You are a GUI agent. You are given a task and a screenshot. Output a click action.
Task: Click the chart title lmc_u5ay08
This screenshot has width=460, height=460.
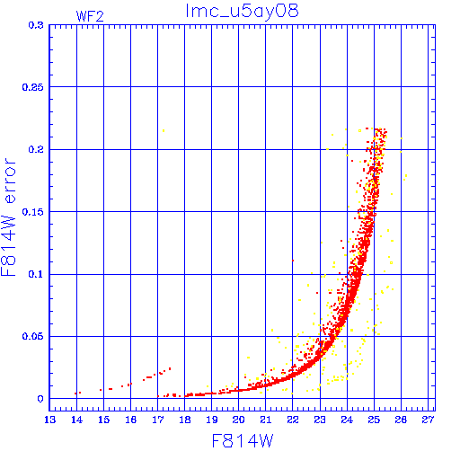pos(242,11)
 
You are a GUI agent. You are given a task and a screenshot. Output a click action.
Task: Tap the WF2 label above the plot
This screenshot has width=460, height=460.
pos(90,16)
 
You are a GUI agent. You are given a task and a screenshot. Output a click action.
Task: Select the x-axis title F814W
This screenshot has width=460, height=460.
pos(243,441)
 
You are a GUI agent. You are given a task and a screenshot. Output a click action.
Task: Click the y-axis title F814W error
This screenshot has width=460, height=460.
pos(8,217)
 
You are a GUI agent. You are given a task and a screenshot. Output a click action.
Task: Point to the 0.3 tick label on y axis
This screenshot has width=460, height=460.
pos(36,25)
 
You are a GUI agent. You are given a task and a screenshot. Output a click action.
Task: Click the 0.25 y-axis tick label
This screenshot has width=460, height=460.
pos(33,87)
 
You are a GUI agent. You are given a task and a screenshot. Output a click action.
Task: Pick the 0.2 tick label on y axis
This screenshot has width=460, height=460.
pos(36,149)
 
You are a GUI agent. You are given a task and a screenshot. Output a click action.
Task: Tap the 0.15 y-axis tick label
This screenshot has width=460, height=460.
pos(33,212)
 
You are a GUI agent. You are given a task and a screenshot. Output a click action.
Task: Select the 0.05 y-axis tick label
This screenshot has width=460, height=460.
pos(33,336)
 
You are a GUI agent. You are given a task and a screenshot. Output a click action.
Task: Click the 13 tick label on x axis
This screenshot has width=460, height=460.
pos(49,420)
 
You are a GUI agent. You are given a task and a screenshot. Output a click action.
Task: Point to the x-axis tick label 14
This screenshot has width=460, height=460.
pos(76,420)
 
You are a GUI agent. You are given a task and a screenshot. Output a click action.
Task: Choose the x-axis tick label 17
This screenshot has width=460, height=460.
pos(158,420)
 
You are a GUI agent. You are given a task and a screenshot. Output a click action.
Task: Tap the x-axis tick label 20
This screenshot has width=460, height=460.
pos(239,420)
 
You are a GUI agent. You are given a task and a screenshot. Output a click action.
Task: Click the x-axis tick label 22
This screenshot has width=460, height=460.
pos(293,420)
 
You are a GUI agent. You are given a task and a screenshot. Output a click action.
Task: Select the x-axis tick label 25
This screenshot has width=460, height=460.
pos(374,420)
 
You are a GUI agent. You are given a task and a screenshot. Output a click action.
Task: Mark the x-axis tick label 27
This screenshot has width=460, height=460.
pos(428,420)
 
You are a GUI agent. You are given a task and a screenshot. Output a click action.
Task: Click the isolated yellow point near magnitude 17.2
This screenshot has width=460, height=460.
pos(164,130)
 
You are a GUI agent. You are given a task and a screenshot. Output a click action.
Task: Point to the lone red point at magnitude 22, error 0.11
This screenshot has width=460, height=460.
pos(293,261)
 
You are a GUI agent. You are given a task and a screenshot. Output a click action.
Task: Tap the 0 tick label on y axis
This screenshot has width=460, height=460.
pos(40,399)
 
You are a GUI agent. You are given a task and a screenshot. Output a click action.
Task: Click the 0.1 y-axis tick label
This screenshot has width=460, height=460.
pos(36,274)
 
